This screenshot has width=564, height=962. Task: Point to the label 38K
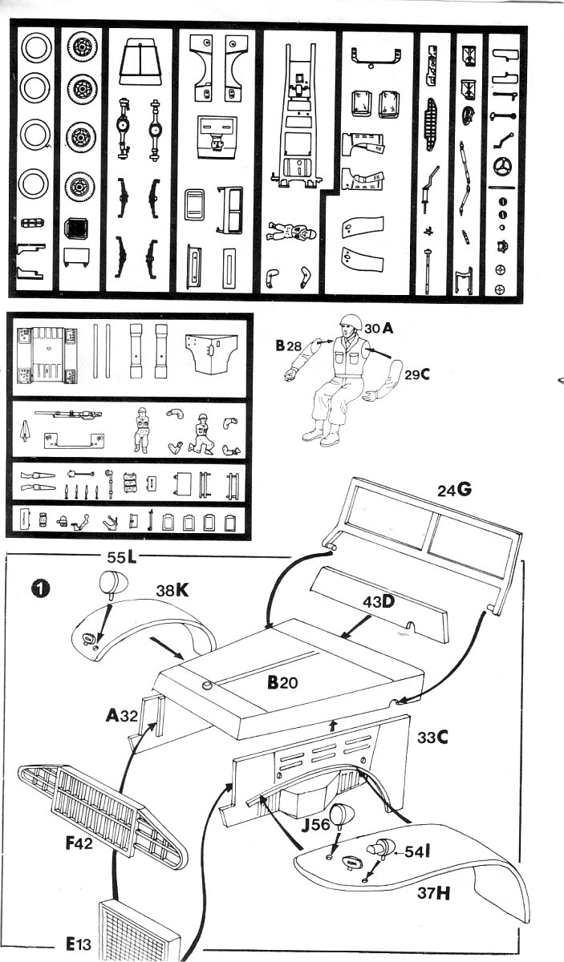[172, 590]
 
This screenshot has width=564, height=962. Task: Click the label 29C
[418, 374]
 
